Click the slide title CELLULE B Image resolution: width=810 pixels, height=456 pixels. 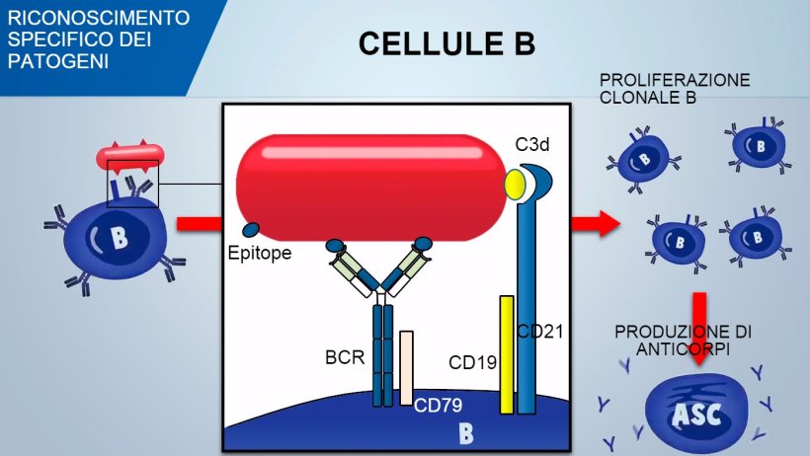(446, 43)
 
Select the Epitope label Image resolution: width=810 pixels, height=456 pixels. (260, 254)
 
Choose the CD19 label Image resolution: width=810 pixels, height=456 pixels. (472, 363)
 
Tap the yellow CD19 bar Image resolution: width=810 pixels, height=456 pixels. (506, 354)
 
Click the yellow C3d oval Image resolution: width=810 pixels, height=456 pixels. (515, 184)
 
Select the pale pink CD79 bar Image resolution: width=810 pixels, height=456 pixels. (406, 367)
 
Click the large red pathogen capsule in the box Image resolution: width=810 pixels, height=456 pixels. (375, 188)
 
